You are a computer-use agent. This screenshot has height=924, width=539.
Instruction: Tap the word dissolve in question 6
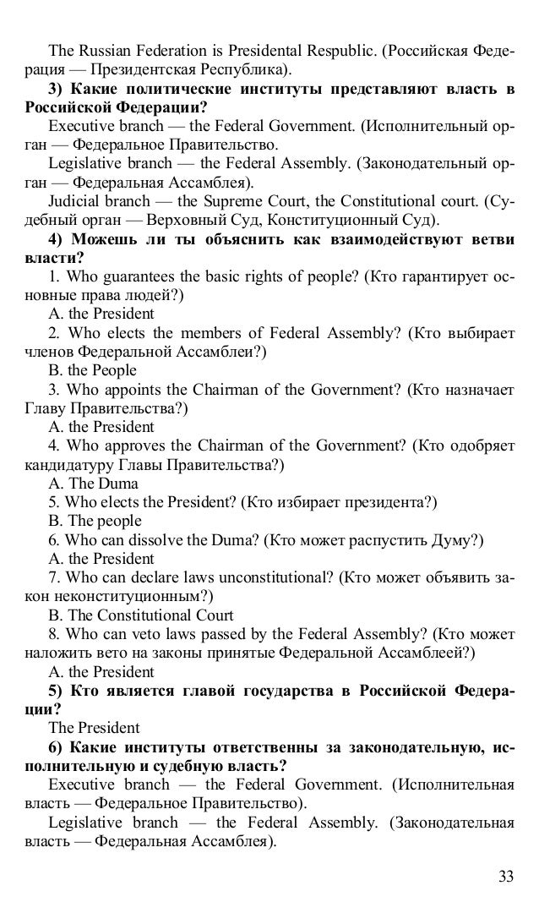(167, 540)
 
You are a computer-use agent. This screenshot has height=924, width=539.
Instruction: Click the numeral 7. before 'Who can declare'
(55, 578)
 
